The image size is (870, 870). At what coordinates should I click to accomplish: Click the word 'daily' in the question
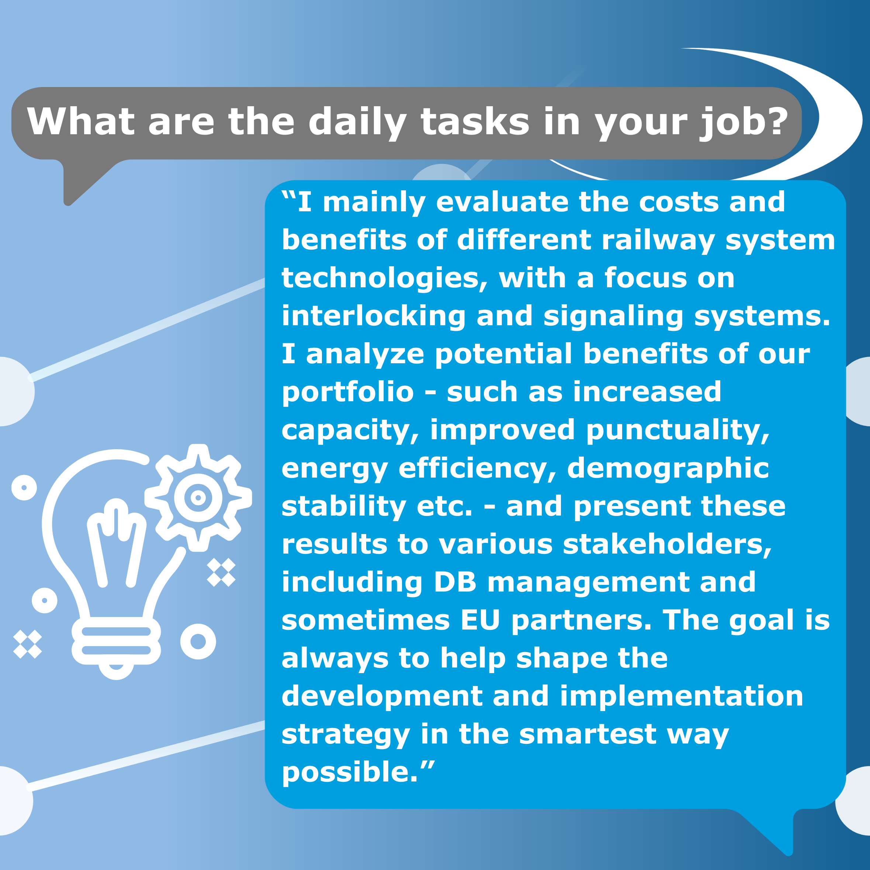[357, 123]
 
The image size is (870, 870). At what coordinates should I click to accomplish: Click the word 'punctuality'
[678, 430]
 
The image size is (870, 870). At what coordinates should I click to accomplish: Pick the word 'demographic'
[668, 469]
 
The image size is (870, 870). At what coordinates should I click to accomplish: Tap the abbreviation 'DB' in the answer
[455, 582]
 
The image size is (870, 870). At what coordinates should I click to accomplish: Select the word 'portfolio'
[348, 392]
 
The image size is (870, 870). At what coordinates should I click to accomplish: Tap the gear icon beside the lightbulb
[198, 498]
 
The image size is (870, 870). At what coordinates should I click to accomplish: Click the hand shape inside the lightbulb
[117, 543]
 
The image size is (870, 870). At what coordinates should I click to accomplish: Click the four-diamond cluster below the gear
[221, 572]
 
